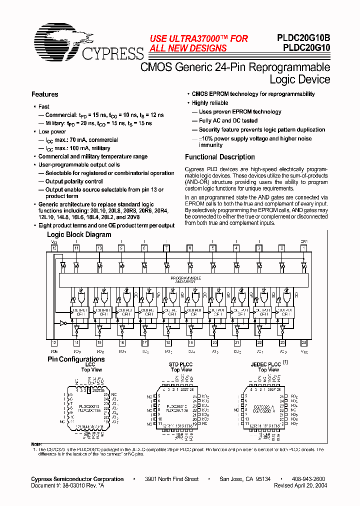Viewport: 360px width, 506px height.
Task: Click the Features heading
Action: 44,94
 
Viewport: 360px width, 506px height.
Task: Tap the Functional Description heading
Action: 219,157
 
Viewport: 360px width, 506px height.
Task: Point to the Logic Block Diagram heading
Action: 79,234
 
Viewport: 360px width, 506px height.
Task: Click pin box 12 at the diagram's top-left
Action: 53,247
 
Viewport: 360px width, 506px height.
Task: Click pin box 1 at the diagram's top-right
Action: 303,247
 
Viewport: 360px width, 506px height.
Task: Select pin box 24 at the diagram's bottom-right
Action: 303,342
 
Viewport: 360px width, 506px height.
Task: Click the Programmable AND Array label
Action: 186,279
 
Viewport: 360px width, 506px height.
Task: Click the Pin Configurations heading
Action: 76,359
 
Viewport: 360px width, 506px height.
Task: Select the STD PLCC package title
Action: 181,364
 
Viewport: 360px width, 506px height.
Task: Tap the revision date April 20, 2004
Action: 309,485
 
